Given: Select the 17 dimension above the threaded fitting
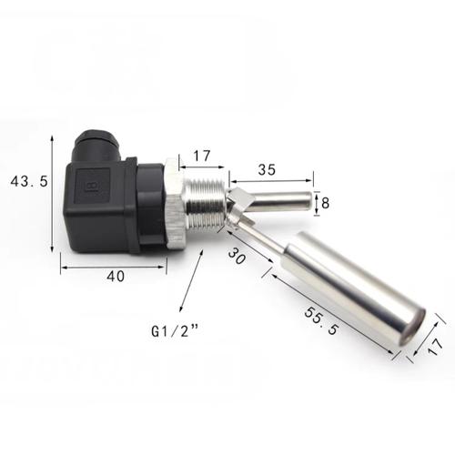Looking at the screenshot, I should tap(202, 156).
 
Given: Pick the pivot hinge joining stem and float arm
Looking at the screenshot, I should tap(238, 207).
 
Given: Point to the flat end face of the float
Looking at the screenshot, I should tap(410, 331).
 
